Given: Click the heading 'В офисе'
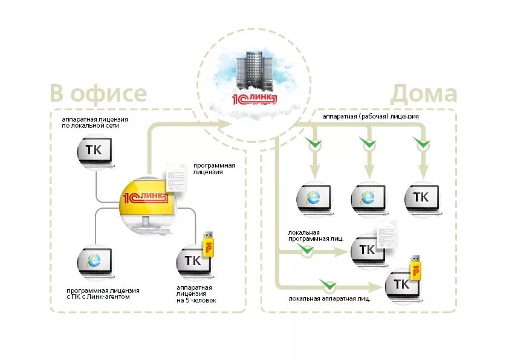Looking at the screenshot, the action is (x=99, y=93).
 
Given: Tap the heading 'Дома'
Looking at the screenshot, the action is (x=424, y=94).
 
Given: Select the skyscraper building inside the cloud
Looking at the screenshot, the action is (x=254, y=70).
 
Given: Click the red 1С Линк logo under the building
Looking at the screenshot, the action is (x=254, y=99).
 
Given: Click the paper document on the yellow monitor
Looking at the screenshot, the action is (x=177, y=177).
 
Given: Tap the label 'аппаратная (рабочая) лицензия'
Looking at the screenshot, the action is (x=371, y=116).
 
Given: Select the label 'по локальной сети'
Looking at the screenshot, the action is (x=90, y=125).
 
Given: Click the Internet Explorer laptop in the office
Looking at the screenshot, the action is (x=96, y=262).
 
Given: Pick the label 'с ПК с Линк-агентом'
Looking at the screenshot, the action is (x=98, y=296).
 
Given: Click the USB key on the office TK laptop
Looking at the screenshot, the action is (x=208, y=244).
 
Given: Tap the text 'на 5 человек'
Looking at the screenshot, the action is (x=196, y=300).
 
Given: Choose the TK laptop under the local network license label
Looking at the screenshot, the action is (x=96, y=152).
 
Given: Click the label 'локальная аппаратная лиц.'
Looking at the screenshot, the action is (x=329, y=299).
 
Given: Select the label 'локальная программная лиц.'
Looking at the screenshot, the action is (x=316, y=235).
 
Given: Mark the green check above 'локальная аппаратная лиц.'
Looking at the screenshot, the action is (x=328, y=284).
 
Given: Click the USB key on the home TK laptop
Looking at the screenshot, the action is (x=416, y=267).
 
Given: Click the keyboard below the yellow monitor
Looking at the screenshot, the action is (x=152, y=231).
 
